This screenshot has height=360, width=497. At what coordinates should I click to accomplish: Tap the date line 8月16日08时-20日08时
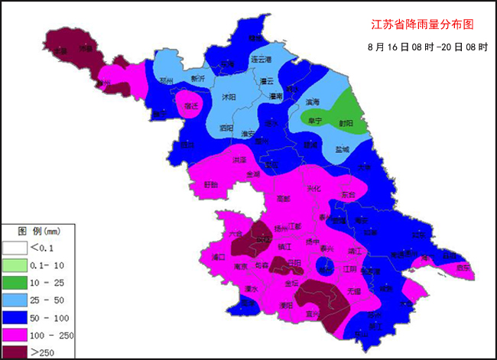[x=427, y=47]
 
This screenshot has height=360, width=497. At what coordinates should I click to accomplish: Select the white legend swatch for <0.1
[x=15, y=248]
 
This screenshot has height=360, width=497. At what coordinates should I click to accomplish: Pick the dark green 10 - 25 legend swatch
[x=15, y=283]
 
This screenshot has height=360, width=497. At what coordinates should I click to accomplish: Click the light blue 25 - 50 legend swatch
[x=15, y=300]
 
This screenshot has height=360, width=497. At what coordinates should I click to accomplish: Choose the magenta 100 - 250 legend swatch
[x=15, y=335]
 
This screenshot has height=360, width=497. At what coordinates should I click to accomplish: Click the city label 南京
[x=241, y=267]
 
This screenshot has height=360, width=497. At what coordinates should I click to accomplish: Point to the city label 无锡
[x=354, y=291]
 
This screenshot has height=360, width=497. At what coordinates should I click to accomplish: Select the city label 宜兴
[x=313, y=313]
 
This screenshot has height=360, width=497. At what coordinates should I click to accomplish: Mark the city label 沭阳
[x=229, y=97]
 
